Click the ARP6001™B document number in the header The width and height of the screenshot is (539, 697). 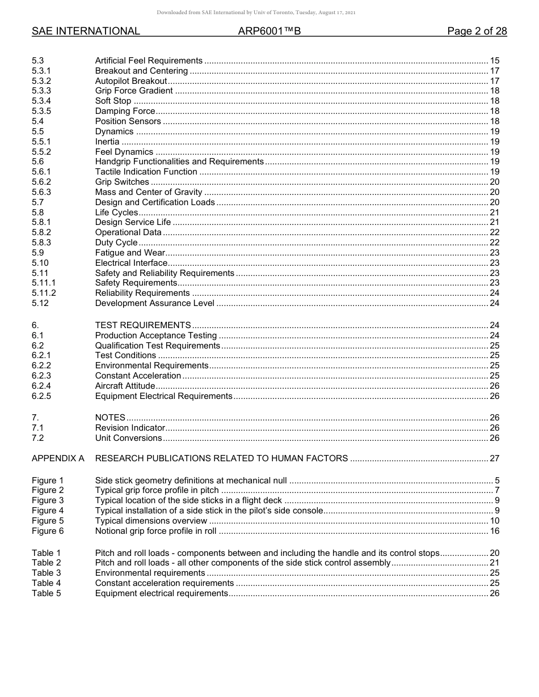(x=269, y=31)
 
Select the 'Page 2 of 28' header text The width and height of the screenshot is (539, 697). (x=477, y=31)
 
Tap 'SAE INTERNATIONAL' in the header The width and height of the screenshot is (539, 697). (x=86, y=31)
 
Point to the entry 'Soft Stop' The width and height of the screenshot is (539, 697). (x=113, y=101)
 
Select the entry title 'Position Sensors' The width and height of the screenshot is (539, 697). (x=128, y=121)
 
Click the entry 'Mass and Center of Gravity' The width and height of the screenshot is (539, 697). (x=149, y=192)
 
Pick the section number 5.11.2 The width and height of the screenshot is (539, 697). (x=44, y=293)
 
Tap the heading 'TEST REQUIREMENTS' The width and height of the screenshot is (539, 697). (x=143, y=325)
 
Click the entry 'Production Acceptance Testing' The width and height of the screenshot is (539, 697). (x=156, y=335)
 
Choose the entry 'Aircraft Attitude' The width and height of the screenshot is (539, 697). (x=125, y=386)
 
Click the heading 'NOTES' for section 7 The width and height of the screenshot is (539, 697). (x=110, y=418)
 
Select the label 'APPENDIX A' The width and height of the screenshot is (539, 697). (x=58, y=458)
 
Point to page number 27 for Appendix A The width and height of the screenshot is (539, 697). (x=494, y=458)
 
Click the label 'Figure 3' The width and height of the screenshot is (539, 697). (x=48, y=500)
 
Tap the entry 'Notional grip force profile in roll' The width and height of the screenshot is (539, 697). (x=155, y=531)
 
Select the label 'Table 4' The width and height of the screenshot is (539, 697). (x=46, y=583)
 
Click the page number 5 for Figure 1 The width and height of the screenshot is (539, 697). (x=496, y=481)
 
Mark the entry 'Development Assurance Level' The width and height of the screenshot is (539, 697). (x=154, y=303)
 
